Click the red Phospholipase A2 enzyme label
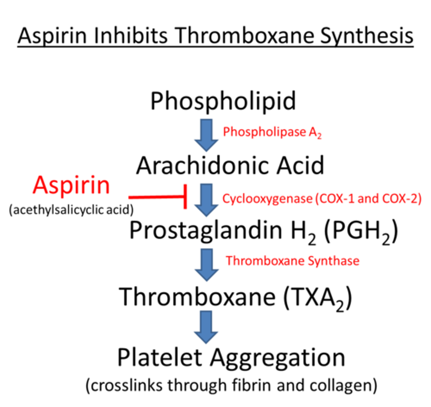[x=272, y=132]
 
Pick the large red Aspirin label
[x=72, y=186]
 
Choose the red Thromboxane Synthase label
[x=293, y=261]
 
